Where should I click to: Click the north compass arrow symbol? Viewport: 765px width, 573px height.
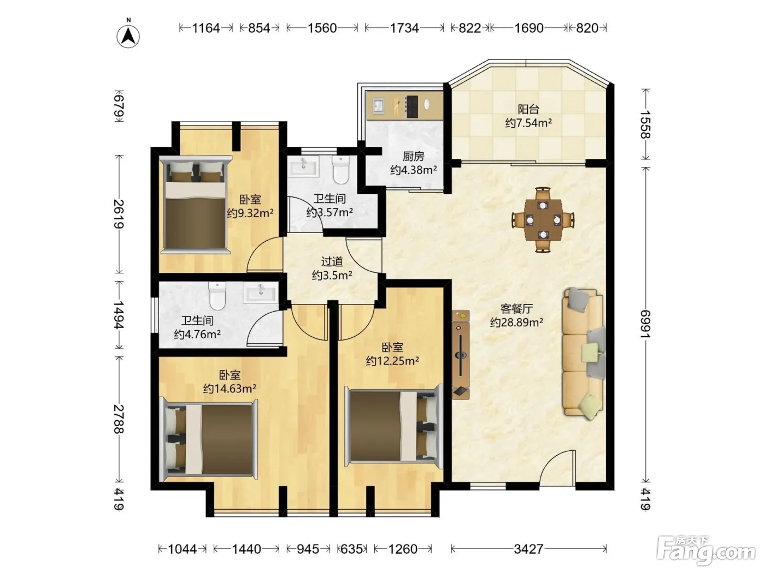tap(128, 37)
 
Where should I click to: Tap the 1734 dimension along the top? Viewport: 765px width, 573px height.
tap(404, 28)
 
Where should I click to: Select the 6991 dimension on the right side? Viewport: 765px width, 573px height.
tap(645, 324)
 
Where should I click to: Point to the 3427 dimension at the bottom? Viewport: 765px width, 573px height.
tap(528, 549)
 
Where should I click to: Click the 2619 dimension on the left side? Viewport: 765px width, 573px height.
tap(119, 213)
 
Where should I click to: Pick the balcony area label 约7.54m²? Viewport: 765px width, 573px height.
tap(528, 123)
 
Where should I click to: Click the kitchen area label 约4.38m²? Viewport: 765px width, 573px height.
tap(413, 170)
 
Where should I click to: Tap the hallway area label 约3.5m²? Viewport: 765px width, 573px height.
tap(332, 276)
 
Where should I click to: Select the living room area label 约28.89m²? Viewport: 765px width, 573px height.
tap(516, 323)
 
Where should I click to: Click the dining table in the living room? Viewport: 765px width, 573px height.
tap(543, 220)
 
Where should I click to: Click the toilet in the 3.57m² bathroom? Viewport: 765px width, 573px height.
tap(341, 169)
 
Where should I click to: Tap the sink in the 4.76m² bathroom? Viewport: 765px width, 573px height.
tap(261, 293)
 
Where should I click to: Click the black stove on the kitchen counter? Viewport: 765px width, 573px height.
tap(412, 106)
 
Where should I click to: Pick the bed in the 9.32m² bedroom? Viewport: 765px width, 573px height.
tap(196, 205)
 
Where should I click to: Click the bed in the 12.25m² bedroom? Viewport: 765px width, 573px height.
tap(393, 426)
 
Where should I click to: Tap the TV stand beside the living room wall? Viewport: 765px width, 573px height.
tap(461, 355)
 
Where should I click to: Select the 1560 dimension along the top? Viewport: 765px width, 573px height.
tap(322, 28)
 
